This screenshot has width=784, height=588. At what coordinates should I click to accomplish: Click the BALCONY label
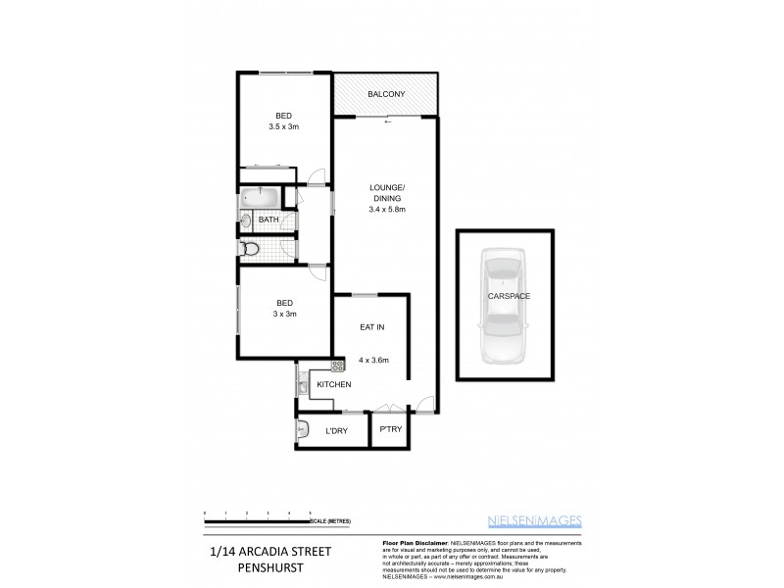pos(386,94)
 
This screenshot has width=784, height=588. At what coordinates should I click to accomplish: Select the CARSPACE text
pos(506,295)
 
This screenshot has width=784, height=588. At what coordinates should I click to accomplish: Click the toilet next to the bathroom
pos(251,249)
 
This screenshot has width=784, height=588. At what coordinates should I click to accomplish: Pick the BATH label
pos(269,220)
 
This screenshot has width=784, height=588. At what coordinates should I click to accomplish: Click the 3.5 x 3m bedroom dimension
pos(283,126)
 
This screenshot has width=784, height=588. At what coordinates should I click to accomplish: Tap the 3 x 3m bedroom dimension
pos(283,315)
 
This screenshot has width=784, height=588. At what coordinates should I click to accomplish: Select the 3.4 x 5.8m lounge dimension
pos(386,209)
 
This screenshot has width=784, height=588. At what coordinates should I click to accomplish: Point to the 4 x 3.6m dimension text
pos(373,361)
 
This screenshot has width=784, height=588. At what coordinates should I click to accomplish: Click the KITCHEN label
pos(333,384)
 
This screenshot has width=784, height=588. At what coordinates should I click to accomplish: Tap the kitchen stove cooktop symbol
pos(337,366)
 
